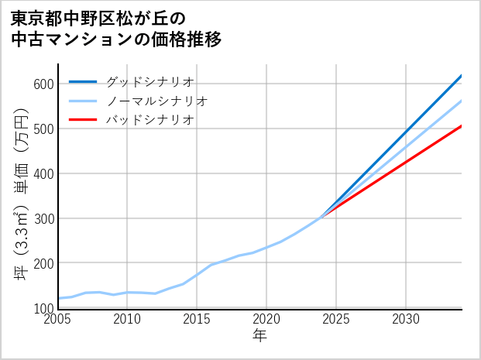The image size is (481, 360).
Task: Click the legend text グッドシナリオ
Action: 149,81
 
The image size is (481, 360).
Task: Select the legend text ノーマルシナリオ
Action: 156,101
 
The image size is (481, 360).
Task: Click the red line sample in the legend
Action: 83,120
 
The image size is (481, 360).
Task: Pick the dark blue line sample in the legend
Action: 83,81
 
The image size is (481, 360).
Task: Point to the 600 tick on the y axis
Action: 43,84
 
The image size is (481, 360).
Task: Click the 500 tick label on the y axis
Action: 43,129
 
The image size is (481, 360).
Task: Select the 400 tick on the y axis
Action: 43,173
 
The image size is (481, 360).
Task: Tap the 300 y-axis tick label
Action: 43,218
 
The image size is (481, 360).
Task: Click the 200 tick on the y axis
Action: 43,263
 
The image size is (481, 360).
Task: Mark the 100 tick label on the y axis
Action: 43,308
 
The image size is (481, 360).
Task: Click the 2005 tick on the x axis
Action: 58,319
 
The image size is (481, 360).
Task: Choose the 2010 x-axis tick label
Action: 128,319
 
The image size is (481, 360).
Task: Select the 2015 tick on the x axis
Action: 198,319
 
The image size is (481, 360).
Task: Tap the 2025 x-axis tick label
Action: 336,319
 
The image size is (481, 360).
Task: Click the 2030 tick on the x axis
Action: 406,319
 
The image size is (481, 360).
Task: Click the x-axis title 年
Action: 260,336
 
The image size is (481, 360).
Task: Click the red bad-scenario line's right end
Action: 461,126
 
